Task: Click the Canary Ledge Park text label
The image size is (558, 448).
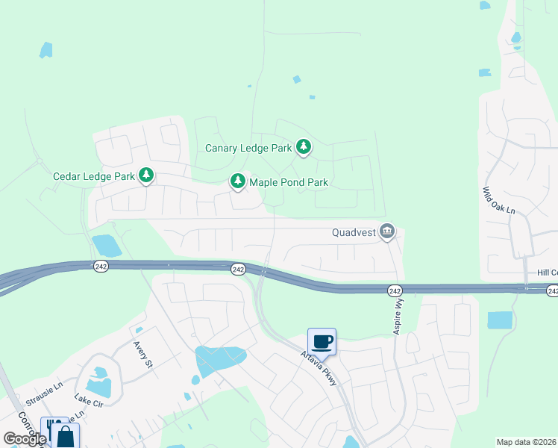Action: click(248, 148)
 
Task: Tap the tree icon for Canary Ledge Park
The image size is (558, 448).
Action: click(303, 147)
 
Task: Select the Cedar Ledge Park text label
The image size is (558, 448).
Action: click(94, 177)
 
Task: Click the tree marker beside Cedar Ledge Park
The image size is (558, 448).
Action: click(147, 176)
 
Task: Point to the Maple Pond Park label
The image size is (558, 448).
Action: click(289, 182)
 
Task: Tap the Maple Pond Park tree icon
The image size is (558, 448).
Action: click(238, 181)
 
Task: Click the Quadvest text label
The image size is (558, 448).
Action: click(354, 232)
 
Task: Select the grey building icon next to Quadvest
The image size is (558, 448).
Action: click(386, 232)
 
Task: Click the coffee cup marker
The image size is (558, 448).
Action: click(322, 341)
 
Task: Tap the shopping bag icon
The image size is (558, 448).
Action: click(66, 436)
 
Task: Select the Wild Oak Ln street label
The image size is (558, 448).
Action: click(499, 202)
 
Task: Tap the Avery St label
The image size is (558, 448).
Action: click(142, 355)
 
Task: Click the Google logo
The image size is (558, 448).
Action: click(25, 439)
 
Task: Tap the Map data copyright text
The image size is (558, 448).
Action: click(526, 442)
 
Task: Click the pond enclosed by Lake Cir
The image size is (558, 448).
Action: click(98, 386)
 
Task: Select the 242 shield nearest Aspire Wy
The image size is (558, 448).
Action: click(395, 290)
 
